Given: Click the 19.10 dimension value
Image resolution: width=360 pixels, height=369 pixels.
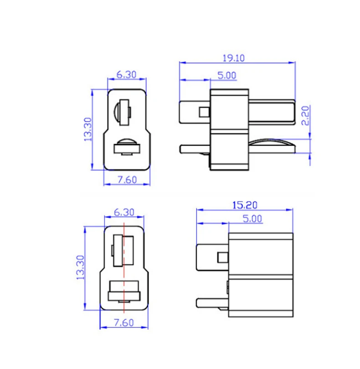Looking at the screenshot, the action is point(233,58).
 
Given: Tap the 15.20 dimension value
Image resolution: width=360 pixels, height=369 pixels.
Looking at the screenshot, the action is point(245,205).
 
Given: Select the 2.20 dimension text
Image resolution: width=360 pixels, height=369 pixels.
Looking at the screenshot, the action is point(305,115).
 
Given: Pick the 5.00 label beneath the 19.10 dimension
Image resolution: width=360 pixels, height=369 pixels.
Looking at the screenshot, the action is point(226,75).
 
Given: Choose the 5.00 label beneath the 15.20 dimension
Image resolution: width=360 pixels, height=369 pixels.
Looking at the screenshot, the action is point(252,218).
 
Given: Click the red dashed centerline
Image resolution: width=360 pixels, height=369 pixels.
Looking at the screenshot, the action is point(124,268).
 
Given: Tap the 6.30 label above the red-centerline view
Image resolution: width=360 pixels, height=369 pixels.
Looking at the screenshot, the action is point(124,212).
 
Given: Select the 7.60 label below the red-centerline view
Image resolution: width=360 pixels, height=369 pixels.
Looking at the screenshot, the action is point(123,322).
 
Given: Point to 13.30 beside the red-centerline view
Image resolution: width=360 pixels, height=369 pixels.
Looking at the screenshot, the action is point(80,268).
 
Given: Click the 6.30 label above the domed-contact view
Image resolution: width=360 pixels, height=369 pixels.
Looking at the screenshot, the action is point(126,75).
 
